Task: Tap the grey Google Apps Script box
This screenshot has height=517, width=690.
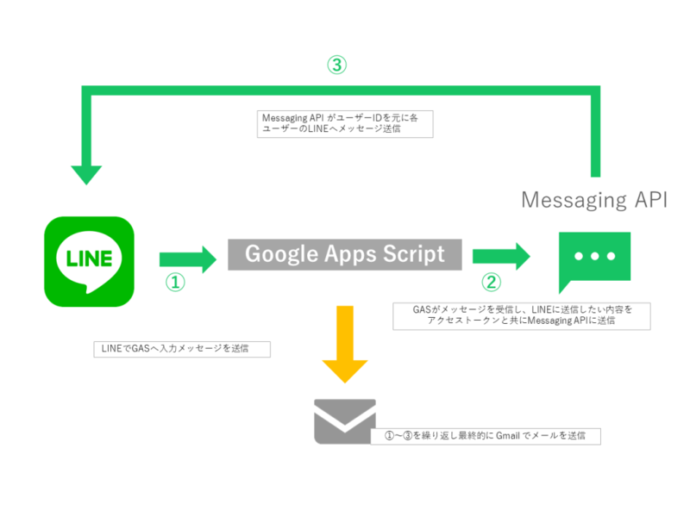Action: click(x=345, y=254)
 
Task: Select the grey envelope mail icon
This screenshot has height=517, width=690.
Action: click(x=345, y=420)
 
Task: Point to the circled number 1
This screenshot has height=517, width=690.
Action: click(x=175, y=283)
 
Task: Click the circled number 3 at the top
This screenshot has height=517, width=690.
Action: click(x=336, y=65)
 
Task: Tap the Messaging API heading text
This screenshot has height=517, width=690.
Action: click(x=594, y=200)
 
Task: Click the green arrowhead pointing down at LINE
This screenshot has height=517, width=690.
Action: click(x=85, y=171)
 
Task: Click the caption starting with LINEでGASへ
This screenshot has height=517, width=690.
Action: click(x=181, y=349)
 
